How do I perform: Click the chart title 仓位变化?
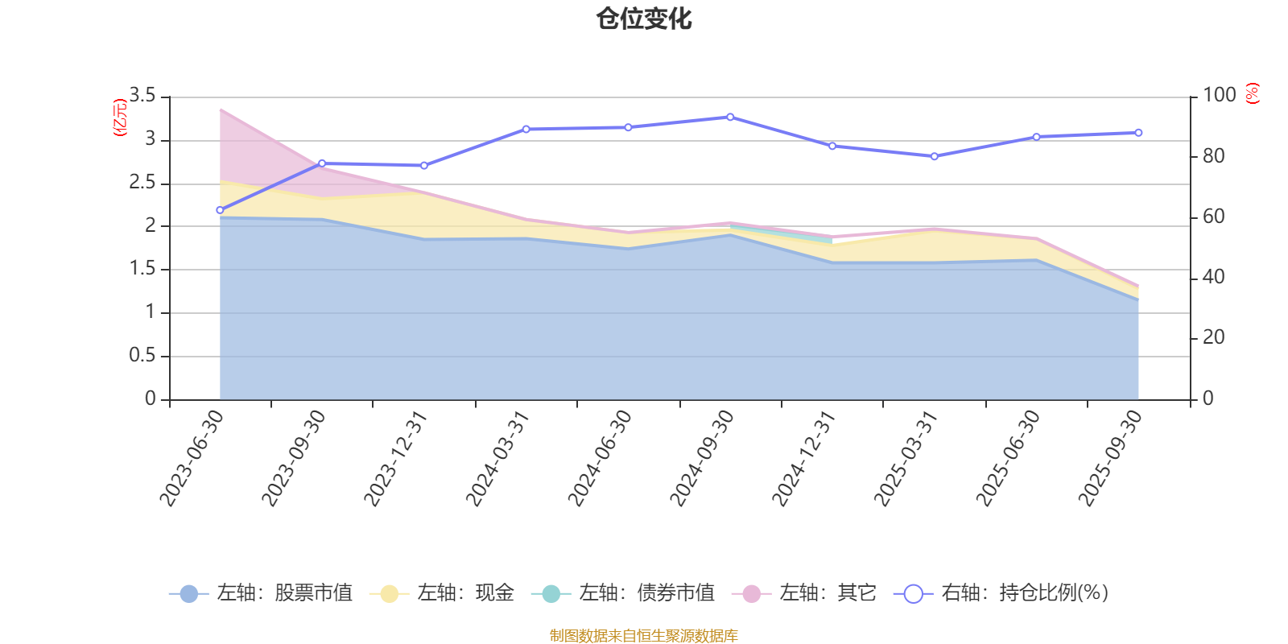(x=644, y=19)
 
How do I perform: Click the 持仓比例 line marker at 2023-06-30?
(x=220, y=210)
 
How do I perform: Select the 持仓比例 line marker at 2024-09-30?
(x=730, y=117)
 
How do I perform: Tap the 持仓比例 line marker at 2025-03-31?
(x=935, y=156)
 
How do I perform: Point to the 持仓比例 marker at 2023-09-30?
(x=322, y=163)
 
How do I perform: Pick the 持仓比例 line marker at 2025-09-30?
(x=1138, y=133)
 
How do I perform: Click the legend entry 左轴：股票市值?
(x=261, y=593)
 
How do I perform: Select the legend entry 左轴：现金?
(x=442, y=593)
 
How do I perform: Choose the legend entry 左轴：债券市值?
(x=623, y=593)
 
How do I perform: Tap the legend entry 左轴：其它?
(x=804, y=593)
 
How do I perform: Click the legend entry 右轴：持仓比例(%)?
(x=1001, y=593)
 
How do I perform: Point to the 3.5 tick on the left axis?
(x=142, y=96)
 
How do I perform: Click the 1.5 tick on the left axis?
(x=142, y=269)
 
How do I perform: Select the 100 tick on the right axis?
(x=1219, y=95)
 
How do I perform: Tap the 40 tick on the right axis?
(x=1213, y=277)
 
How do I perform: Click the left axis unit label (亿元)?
(x=121, y=118)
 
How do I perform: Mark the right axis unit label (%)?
(x=1252, y=93)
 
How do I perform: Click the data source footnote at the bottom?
(x=644, y=636)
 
